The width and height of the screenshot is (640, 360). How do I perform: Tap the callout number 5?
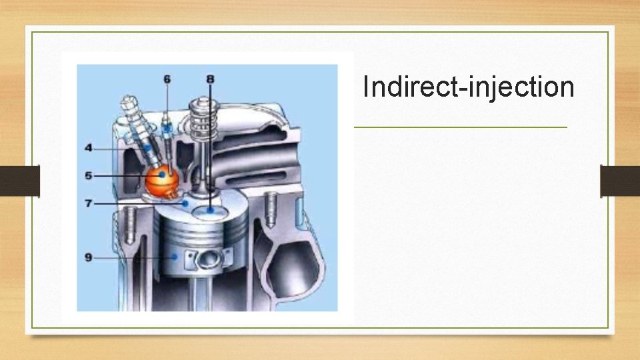click(88, 175)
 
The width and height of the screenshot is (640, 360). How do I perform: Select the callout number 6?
click(167, 79)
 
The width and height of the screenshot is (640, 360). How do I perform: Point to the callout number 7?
click(88, 202)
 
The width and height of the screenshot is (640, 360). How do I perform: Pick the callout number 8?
click(211, 79)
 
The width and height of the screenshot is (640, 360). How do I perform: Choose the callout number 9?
click(88, 257)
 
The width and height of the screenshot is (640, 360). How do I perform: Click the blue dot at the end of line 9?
click(174, 257)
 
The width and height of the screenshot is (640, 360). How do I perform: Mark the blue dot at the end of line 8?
click(211, 210)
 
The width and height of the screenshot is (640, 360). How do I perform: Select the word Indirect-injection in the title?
click(468, 87)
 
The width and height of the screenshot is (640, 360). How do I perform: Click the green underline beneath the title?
click(460, 127)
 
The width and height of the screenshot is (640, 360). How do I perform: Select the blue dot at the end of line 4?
click(146, 147)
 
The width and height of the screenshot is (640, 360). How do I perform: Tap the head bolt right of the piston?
click(271, 207)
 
